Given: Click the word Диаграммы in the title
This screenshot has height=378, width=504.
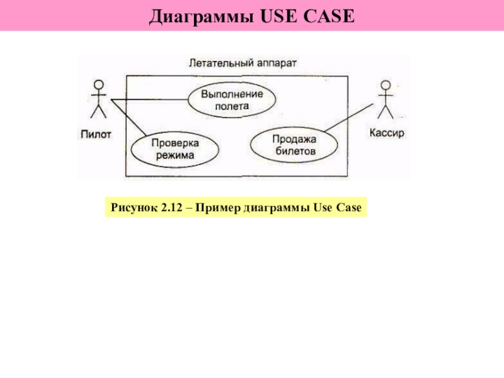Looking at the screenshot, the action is pyautogui.click(x=198, y=16).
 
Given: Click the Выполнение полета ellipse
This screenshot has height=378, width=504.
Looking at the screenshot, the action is pyautogui.click(x=232, y=100).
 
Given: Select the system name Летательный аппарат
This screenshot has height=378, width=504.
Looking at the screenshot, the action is pyautogui.click(x=243, y=62).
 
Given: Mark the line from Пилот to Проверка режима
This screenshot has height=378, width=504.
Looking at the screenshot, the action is pyautogui.click(x=129, y=118).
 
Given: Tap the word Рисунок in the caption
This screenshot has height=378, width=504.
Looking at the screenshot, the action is pyautogui.click(x=131, y=208).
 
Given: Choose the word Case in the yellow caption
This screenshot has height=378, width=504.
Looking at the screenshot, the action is pyautogui.click(x=349, y=208).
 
